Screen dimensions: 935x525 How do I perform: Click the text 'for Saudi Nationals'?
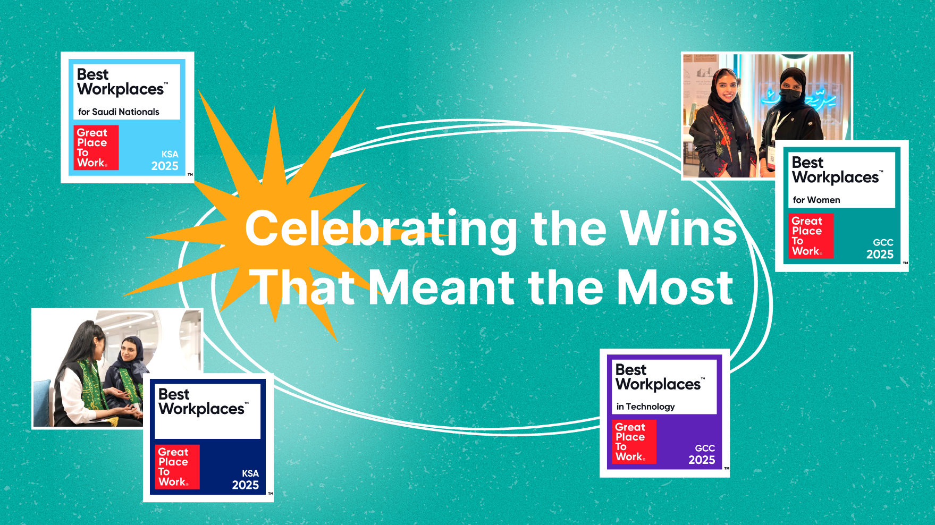[x=119, y=112]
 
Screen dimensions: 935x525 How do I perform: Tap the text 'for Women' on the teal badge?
[x=816, y=200]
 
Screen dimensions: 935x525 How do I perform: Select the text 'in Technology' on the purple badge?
[x=645, y=407]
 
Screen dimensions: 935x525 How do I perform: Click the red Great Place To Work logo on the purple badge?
[x=634, y=442]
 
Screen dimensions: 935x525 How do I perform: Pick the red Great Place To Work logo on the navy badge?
[x=177, y=467]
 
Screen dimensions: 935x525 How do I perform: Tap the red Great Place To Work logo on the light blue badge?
[x=96, y=148]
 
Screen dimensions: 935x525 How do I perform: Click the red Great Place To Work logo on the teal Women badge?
[x=811, y=236]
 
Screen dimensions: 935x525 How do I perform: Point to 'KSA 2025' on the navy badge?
[x=246, y=479]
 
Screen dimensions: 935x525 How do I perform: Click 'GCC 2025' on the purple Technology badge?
[x=702, y=454]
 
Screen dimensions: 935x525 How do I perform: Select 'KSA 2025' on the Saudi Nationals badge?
[x=165, y=160]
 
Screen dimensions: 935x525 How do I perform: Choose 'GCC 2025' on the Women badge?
[x=880, y=249]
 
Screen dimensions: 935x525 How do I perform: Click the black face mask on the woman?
[x=791, y=96]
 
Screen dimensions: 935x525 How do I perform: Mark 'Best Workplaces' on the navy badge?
[x=202, y=402]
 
